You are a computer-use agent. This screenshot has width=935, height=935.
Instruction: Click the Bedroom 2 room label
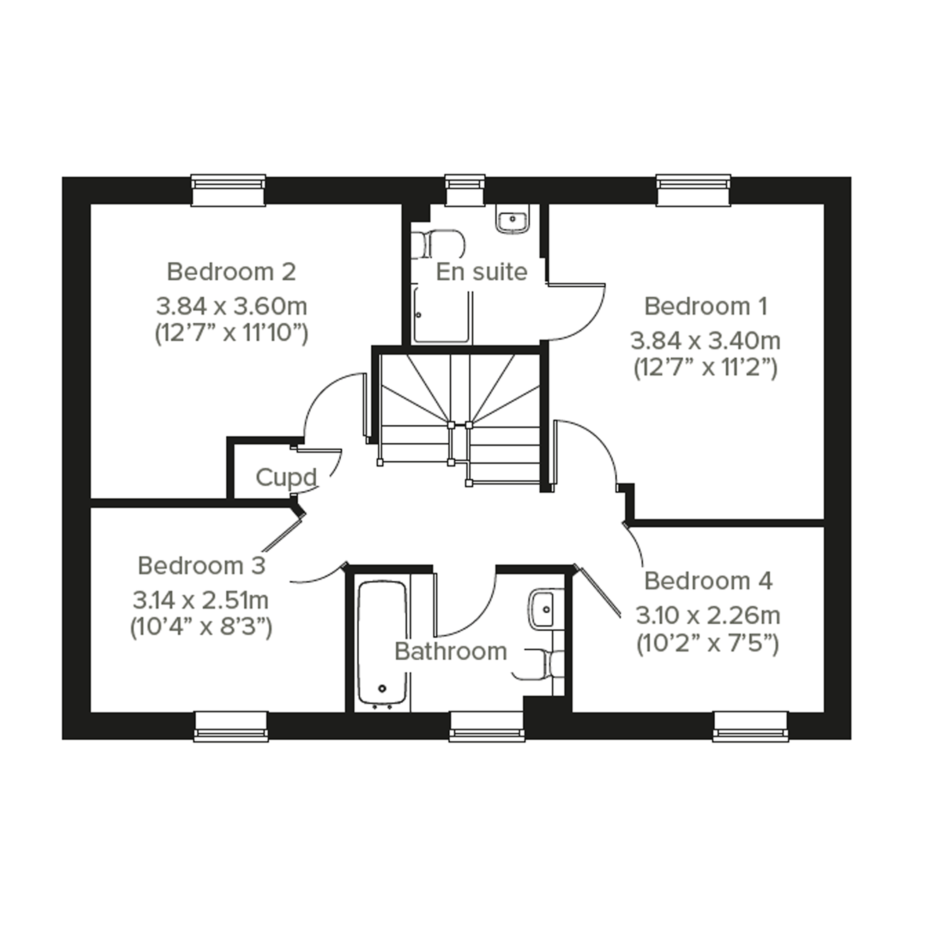click(x=231, y=271)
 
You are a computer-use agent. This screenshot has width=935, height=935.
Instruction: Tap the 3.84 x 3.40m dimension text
click(x=705, y=341)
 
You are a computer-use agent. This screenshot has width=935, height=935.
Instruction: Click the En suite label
click(x=481, y=271)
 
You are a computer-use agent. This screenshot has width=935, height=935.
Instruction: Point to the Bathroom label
click(x=451, y=651)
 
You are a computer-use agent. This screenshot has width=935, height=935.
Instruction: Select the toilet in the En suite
click(x=438, y=244)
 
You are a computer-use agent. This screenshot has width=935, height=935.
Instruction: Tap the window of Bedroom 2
click(x=229, y=190)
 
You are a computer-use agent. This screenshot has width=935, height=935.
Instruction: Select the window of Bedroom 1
click(x=694, y=190)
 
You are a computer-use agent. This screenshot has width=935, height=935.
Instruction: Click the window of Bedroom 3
click(x=231, y=726)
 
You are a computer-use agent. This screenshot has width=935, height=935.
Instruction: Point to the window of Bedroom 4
click(x=751, y=726)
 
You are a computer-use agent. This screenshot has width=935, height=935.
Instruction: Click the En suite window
click(x=465, y=190)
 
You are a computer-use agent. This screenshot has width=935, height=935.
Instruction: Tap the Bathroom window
click(x=487, y=726)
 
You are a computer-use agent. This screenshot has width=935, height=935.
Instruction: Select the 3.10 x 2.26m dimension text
click(x=707, y=615)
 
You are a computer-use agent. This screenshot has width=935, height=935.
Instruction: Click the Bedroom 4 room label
click(x=708, y=581)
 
